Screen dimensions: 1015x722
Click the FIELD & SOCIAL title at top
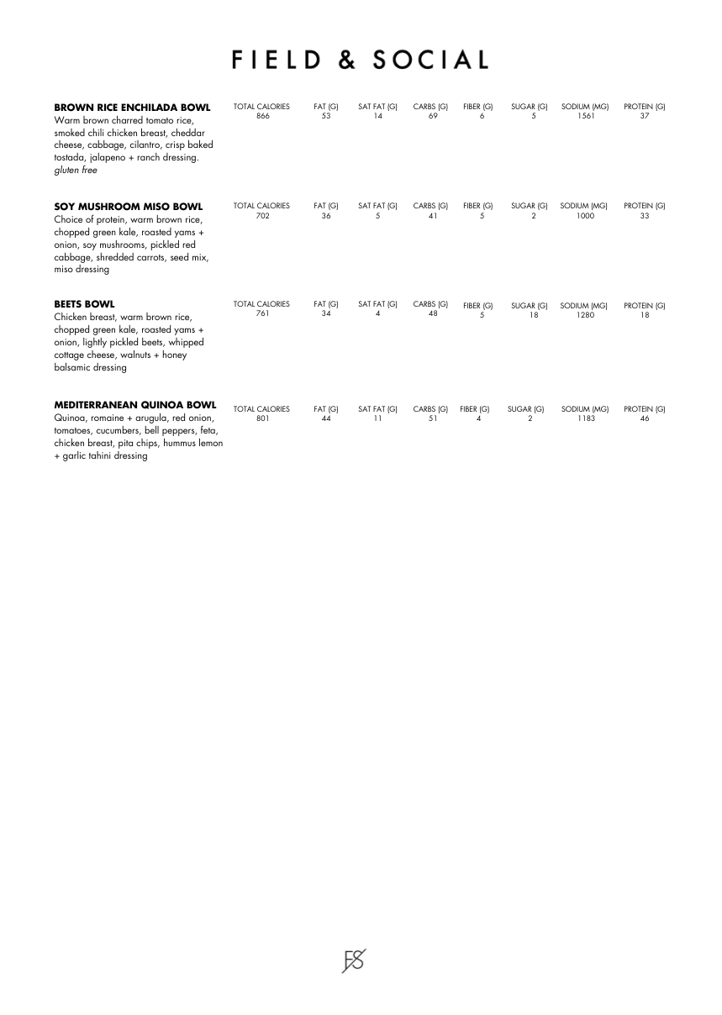(x=361, y=60)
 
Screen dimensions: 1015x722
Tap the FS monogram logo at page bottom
(x=354, y=960)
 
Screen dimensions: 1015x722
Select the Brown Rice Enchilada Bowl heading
(x=132, y=108)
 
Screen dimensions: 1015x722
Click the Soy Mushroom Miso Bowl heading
(x=128, y=206)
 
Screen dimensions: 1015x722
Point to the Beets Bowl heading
(x=84, y=304)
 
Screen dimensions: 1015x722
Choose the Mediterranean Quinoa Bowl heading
(x=134, y=405)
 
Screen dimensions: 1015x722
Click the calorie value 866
(x=263, y=117)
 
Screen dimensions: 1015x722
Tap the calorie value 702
(x=263, y=216)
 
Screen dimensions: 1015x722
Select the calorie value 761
(x=263, y=314)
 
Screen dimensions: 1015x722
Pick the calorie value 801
(x=263, y=418)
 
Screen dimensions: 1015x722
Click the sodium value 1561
(x=586, y=117)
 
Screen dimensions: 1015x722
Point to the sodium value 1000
(x=586, y=216)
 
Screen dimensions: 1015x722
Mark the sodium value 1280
(x=586, y=315)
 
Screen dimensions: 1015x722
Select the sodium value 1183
(x=586, y=418)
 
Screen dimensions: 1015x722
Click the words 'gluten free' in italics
(x=76, y=171)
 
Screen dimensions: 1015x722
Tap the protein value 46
(x=645, y=418)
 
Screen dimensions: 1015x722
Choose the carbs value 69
(x=432, y=117)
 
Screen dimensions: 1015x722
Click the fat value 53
(x=326, y=117)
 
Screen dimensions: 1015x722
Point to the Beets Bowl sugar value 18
(x=533, y=315)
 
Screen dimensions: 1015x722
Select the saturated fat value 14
(x=378, y=117)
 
